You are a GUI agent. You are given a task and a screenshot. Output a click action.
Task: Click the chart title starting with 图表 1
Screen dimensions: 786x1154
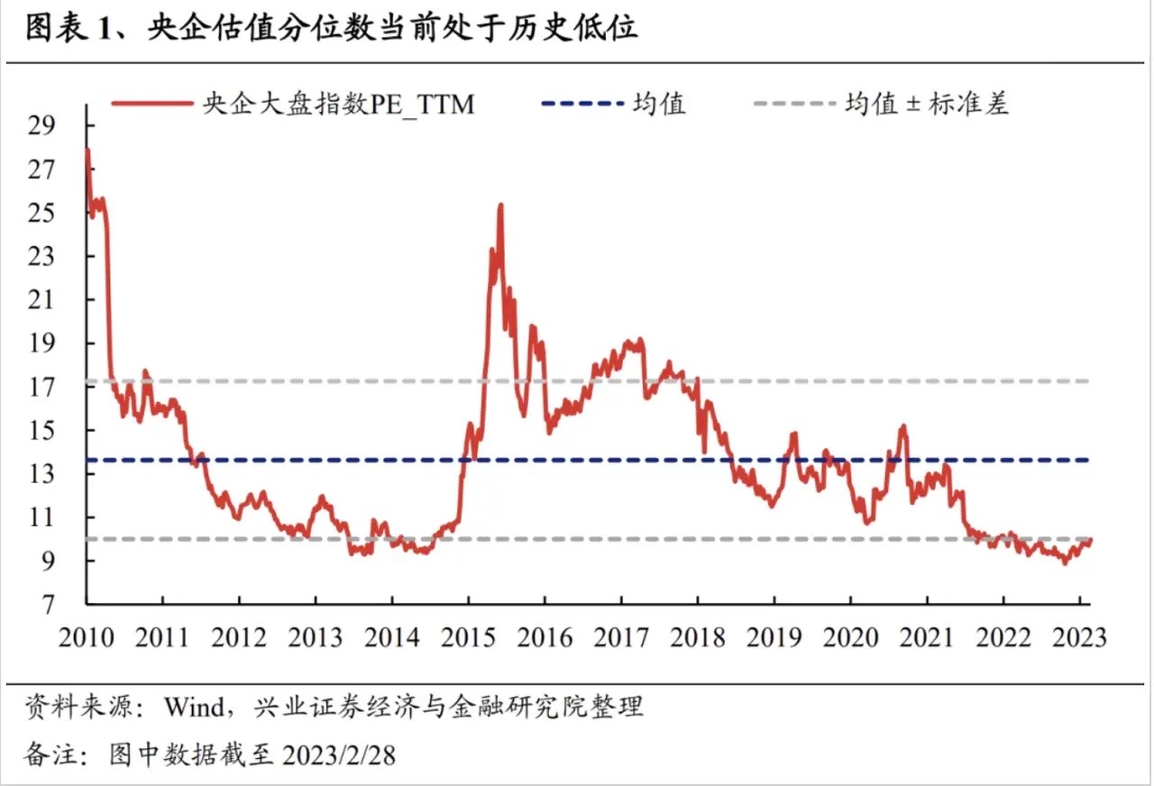pyautogui.click(x=330, y=29)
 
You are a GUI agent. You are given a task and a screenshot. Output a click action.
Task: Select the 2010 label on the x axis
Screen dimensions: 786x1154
pyautogui.click(x=87, y=637)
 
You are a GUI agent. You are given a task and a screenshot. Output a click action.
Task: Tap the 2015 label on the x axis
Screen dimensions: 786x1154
pyautogui.click(x=469, y=637)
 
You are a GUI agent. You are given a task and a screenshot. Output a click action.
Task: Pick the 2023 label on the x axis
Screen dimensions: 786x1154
pyautogui.click(x=1079, y=637)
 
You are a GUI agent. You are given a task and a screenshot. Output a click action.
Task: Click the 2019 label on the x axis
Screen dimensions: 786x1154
pyautogui.click(x=774, y=637)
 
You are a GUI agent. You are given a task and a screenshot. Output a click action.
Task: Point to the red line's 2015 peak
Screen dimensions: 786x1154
pyautogui.click(x=499, y=206)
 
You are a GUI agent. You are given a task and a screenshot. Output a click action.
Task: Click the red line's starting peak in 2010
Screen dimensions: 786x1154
pyautogui.click(x=87, y=150)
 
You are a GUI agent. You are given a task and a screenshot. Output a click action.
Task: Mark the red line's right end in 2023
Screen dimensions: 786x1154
pyautogui.click(x=1091, y=540)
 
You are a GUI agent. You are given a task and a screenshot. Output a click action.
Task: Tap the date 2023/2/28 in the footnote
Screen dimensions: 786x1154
pyautogui.click(x=340, y=754)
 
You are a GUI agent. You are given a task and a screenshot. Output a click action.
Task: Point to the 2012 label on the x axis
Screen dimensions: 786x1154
pyautogui.click(x=239, y=637)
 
